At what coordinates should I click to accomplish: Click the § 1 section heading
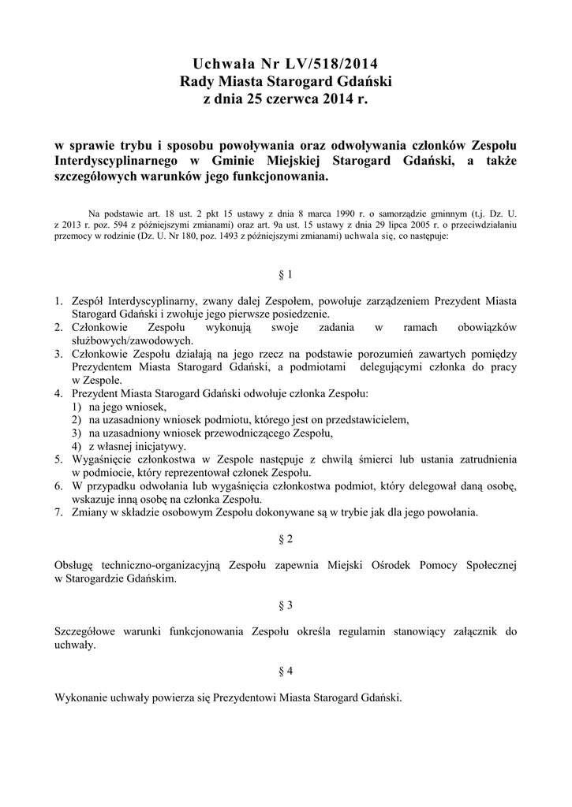coord(286,275)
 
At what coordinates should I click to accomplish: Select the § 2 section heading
coord(286,539)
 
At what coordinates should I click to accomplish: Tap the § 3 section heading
coord(286,605)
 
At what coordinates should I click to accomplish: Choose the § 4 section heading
coord(286,671)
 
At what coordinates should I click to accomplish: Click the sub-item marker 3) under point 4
coord(77,433)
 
